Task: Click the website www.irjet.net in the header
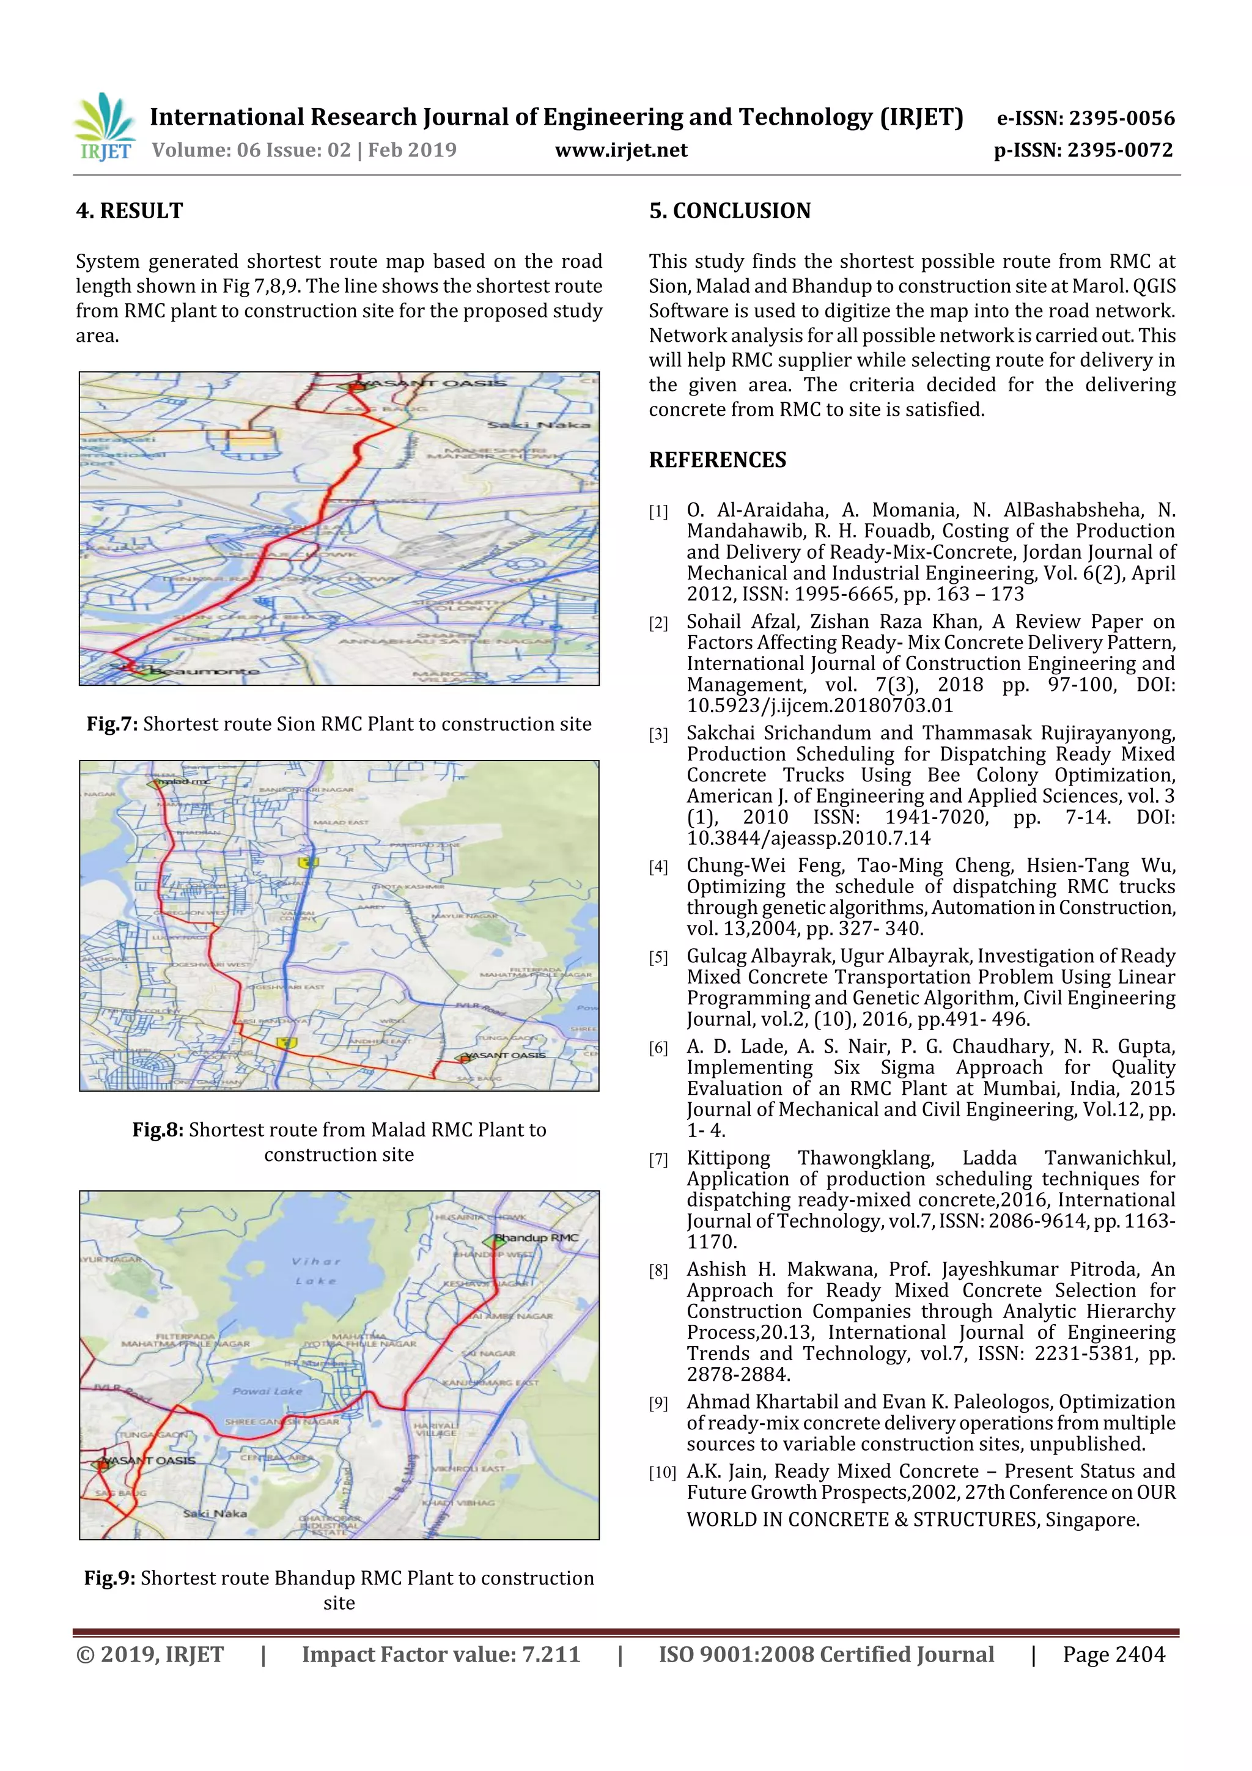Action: point(621,150)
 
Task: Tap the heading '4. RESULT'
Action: point(130,210)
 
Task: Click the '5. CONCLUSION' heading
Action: point(730,210)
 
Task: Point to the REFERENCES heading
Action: point(718,460)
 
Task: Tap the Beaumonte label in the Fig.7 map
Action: point(204,671)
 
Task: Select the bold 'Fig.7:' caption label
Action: point(112,724)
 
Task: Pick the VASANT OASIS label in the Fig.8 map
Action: point(506,1055)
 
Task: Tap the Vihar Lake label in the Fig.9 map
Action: point(315,1270)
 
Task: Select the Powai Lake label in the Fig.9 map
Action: point(267,1391)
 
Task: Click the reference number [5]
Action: point(658,957)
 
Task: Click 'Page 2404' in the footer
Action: point(1113,1654)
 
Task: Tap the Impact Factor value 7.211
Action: point(551,1654)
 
